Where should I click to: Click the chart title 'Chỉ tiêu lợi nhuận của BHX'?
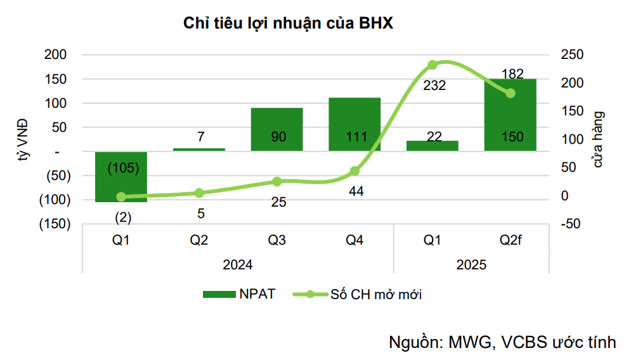pos(289,23)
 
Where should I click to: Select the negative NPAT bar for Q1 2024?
pos(120,184)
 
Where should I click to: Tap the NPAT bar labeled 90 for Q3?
pos(276,129)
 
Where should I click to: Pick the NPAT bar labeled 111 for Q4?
pos(355,124)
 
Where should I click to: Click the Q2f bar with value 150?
pos(510,115)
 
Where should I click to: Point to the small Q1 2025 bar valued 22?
pos(432,146)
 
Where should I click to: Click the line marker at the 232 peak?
pos(433,65)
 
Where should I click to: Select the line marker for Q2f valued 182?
pos(511,93)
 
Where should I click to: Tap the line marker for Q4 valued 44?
pos(355,171)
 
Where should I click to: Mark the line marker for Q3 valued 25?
pos(276,182)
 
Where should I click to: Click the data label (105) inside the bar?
pos(123,168)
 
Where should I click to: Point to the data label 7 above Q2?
pos(199,137)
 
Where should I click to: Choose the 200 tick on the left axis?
pos(56,55)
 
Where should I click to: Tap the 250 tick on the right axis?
pos(570,55)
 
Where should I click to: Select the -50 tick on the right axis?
pos(570,224)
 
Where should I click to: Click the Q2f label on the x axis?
pos(510,241)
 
